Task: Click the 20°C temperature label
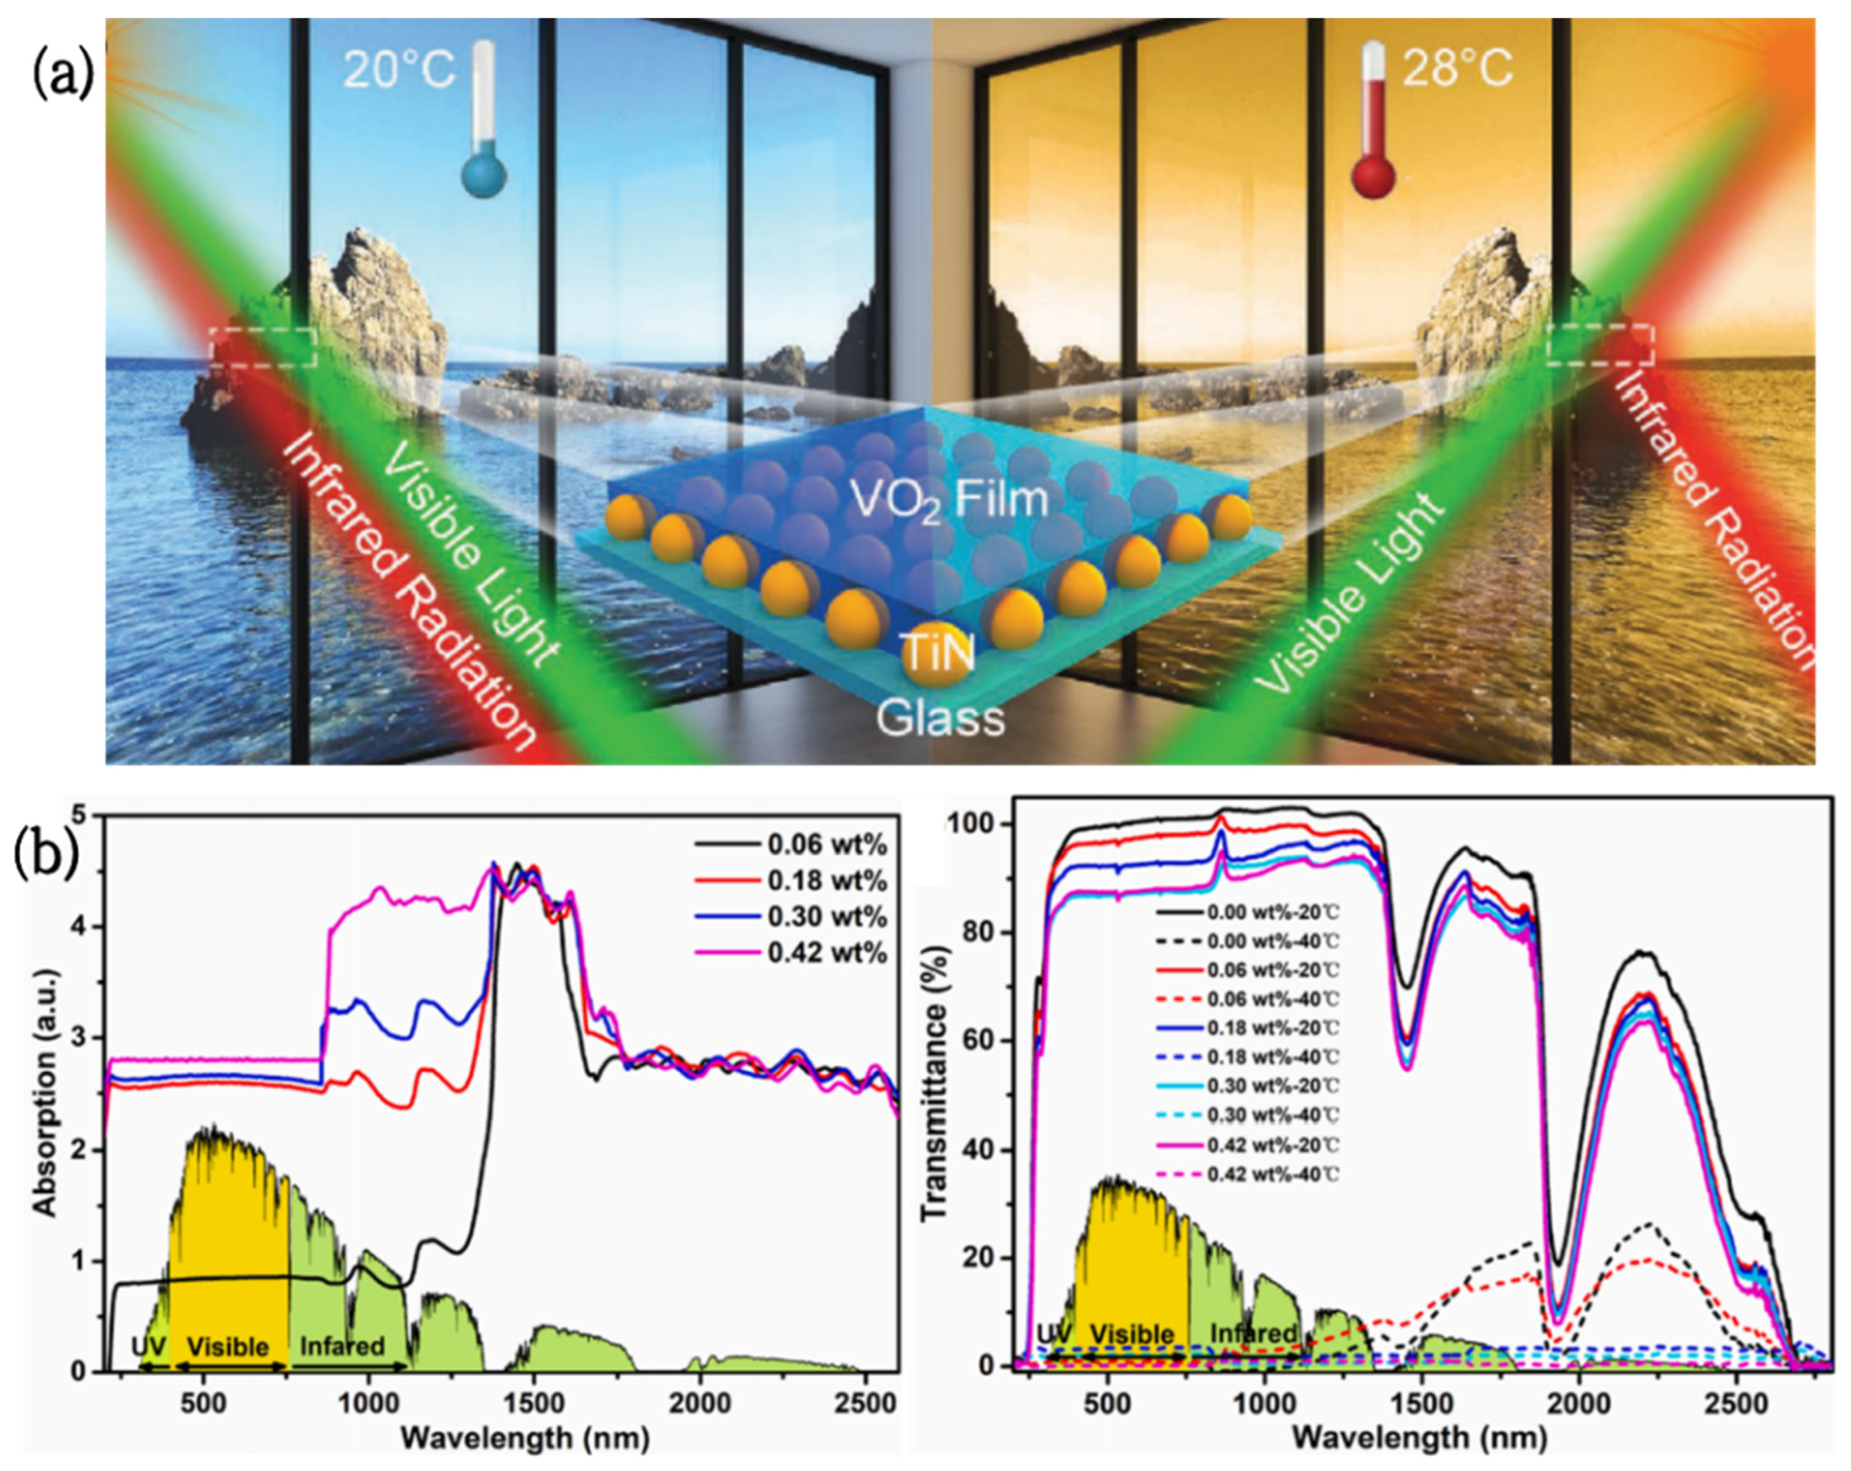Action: pos(399,69)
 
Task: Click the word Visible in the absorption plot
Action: pos(228,1346)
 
